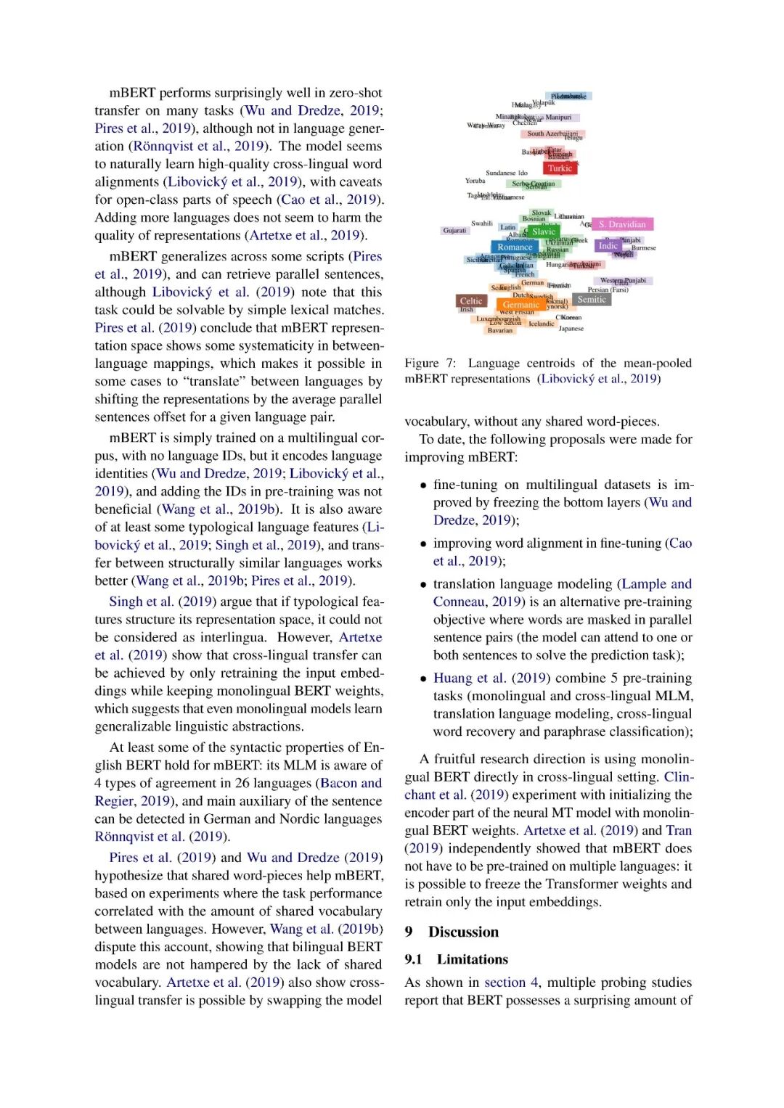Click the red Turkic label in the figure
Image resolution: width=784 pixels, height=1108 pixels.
(560, 168)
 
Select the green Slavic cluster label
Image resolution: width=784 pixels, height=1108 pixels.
(543, 231)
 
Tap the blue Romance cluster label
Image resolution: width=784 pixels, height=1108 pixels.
(515, 247)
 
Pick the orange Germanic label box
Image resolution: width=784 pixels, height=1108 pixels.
(520, 305)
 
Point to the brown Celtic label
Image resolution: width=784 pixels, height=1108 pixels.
(471, 301)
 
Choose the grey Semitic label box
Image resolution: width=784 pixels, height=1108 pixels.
(592, 300)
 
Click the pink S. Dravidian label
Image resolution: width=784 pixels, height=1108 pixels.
(622, 225)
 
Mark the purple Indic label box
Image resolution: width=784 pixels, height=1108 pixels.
(608, 246)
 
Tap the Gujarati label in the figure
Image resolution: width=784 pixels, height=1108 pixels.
(455, 231)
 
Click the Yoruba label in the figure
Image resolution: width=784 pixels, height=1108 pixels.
(475, 181)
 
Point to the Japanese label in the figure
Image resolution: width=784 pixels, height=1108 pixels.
(571, 329)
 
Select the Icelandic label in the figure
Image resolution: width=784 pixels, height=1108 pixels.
(542, 324)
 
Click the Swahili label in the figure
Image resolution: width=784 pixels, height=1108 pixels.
(482, 223)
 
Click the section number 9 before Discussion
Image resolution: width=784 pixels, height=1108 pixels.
(409, 932)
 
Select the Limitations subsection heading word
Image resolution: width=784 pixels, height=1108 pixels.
(472, 960)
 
